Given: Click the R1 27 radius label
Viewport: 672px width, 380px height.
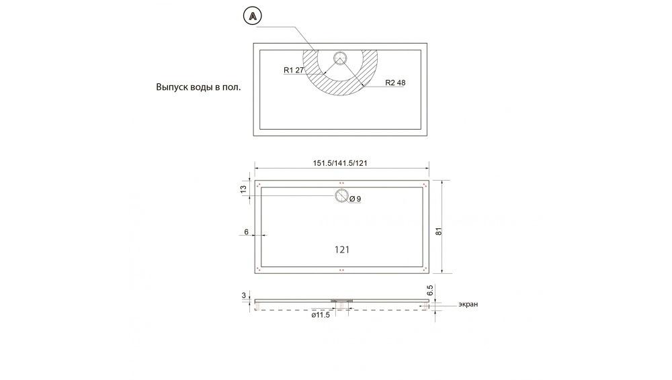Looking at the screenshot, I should click(x=294, y=69).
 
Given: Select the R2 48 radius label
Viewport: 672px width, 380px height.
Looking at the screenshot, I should click(x=396, y=83).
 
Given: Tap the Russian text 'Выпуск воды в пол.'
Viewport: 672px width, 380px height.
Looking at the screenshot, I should click(x=198, y=87).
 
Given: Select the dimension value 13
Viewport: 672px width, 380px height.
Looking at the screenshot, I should click(x=244, y=190).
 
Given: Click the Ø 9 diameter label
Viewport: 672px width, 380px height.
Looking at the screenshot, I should click(x=356, y=199).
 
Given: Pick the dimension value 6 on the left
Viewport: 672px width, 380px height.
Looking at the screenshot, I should click(x=247, y=232).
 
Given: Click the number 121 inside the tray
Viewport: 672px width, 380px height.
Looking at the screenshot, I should click(x=341, y=249).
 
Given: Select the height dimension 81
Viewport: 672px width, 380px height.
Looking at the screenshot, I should click(x=437, y=230).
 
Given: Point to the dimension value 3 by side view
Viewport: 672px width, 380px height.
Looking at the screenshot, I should click(x=244, y=295).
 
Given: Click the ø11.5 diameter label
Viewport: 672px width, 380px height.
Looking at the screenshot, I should click(x=321, y=315).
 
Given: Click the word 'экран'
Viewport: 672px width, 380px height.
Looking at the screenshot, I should click(x=468, y=304).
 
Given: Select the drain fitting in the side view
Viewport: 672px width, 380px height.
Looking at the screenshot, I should click(x=341, y=300).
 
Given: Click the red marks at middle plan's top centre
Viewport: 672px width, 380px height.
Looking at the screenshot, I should click(x=341, y=183).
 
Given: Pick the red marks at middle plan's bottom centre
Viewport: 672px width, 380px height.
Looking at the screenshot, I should click(x=341, y=270).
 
